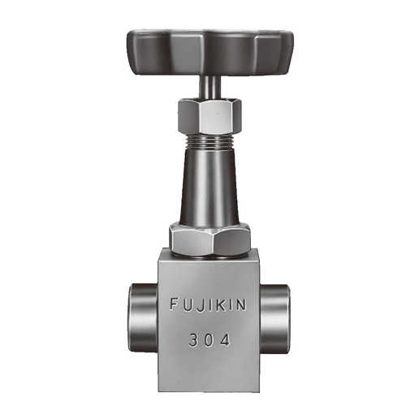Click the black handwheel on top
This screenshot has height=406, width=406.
pyautogui.click(x=210, y=52)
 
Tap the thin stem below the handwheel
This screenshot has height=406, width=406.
pyautogui.click(x=209, y=87)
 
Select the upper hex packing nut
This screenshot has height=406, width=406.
pyautogui.click(x=209, y=116)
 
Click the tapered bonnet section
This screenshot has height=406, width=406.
pyautogui.click(x=209, y=187)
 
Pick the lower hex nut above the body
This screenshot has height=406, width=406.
pyautogui.click(x=209, y=238)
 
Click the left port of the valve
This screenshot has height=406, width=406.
pyautogui.click(x=143, y=317)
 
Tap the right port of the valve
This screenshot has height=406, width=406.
pyautogui.click(x=274, y=317)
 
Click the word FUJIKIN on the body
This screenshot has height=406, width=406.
pyautogui.click(x=208, y=304)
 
